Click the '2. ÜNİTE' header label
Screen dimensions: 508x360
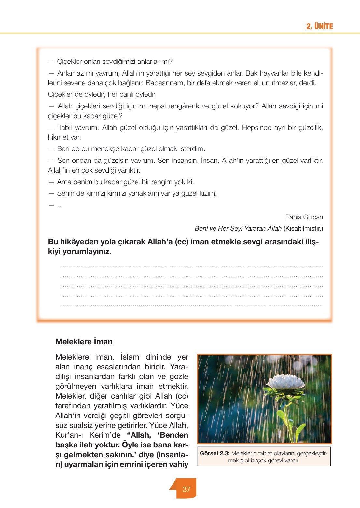(x=319, y=26)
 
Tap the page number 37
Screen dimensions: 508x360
(x=186, y=489)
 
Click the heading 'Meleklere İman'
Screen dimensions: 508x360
(x=84, y=342)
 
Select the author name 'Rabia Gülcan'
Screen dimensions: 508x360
(x=304, y=217)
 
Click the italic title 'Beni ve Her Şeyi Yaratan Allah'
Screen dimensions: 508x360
(x=238, y=228)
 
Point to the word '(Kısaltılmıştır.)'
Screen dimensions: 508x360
(x=303, y=228)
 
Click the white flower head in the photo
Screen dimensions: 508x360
(x=284, y=381)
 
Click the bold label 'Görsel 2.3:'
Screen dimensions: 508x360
(x=215, y=453)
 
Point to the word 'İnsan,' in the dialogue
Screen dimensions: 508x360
(x=210, y=161)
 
